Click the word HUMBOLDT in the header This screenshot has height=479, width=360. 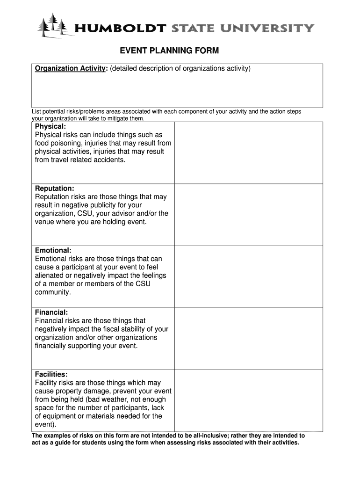click(x=120, y=29)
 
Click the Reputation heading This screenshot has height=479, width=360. click(x=54, y=189)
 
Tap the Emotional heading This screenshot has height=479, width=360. click(x=53, y=250)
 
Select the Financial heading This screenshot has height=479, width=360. click(x=51, y=312)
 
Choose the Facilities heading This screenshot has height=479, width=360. click(x=51, y=374)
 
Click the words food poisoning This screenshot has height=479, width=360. click(x=58, y=143)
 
